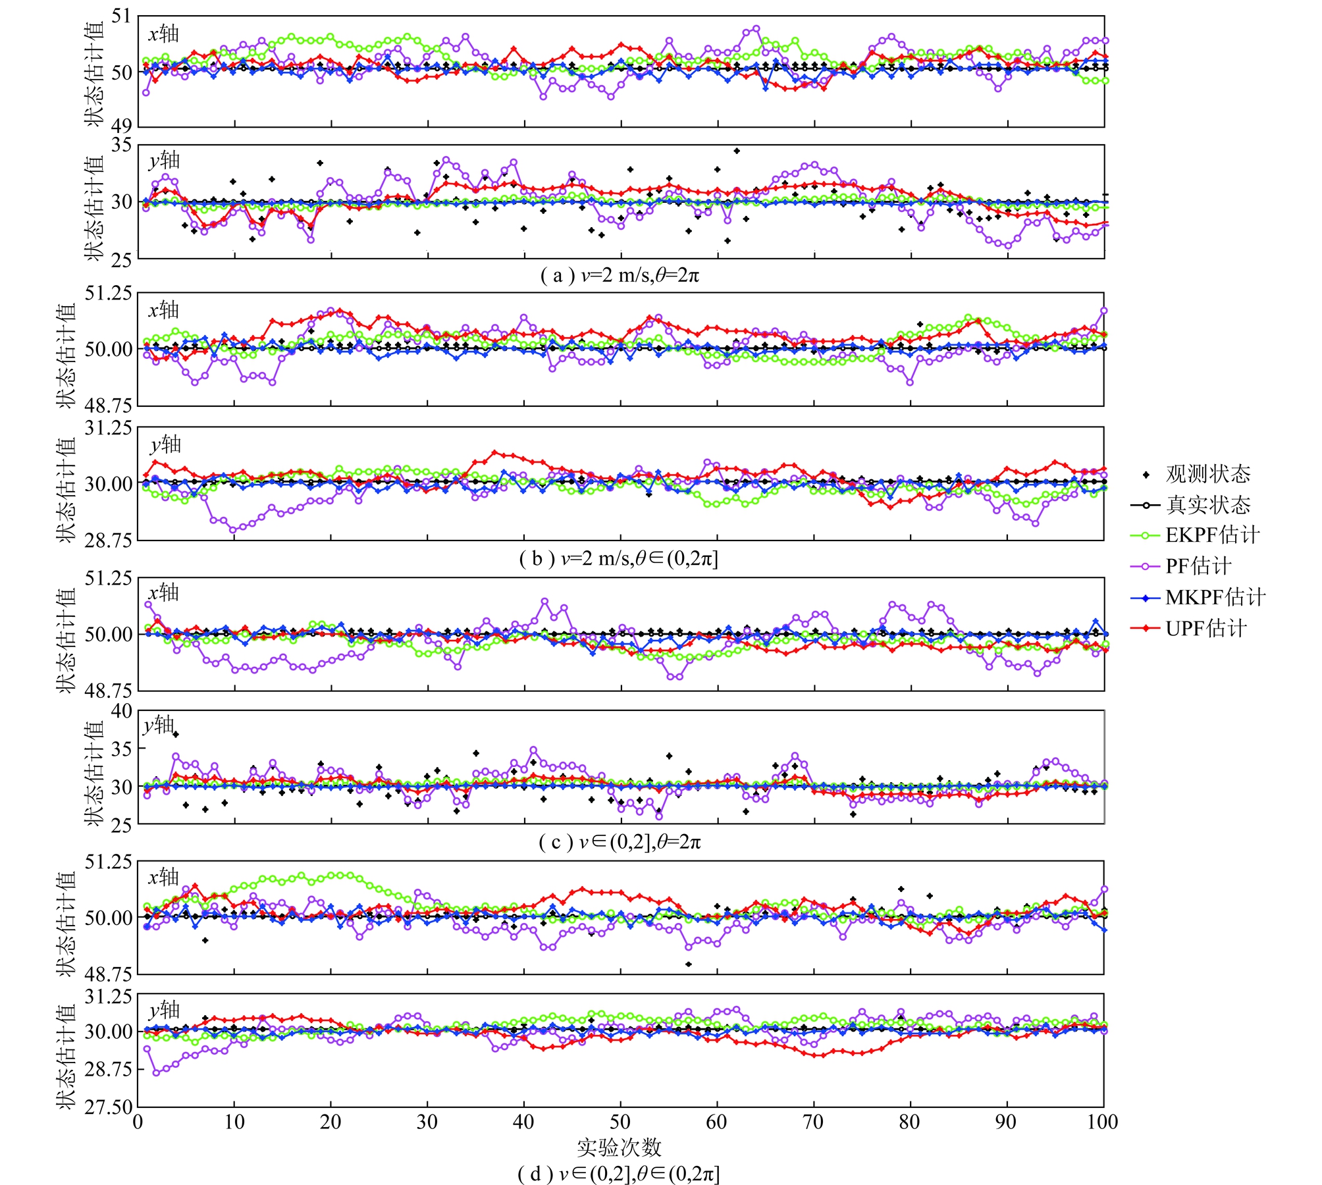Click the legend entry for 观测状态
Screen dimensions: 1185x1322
(x=1207, y=474)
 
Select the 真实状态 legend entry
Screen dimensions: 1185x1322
(x=1207, y=505)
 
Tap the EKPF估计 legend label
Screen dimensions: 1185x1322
(x=1212, y=535)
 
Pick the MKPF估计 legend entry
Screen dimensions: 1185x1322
(x=1215, y=597)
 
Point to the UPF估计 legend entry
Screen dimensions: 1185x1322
(x=1205, y=628)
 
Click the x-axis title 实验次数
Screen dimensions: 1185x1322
(x=619, y=1147)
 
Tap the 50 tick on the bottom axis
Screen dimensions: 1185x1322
(x=620, y=1122)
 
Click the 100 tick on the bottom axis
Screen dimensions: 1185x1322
(x=1102, y=1122)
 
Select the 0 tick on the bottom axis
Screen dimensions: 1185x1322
(x=138, y=1122)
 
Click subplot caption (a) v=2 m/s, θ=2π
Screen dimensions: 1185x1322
(x=620, y=275)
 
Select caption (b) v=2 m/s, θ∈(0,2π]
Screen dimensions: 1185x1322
(x=618, y=559)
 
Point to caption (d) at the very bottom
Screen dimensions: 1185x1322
(x=618, y=1173)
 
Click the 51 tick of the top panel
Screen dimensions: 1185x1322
(x=121, y=16)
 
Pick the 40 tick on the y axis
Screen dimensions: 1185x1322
(x=121, y=712)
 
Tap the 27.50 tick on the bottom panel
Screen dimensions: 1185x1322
(x=108, y=1107)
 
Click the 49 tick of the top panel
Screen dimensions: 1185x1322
(x=121, y=125)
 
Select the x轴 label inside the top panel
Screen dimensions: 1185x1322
(x=163, y=34)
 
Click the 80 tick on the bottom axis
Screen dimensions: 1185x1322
(x=910, y=1122)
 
